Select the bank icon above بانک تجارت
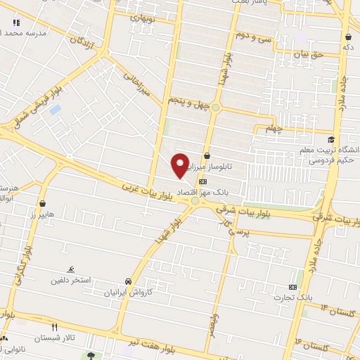(x=292, y=287)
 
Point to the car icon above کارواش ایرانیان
(x=127, y=280)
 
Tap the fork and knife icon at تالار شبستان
(x=54, y=327)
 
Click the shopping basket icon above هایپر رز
(x=44, y=203)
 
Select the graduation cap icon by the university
(x=331, y=139)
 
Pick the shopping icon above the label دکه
(x=347, y=37)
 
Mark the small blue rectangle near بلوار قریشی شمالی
(x=55, y=110)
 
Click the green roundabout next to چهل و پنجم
(x=216, y=108)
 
